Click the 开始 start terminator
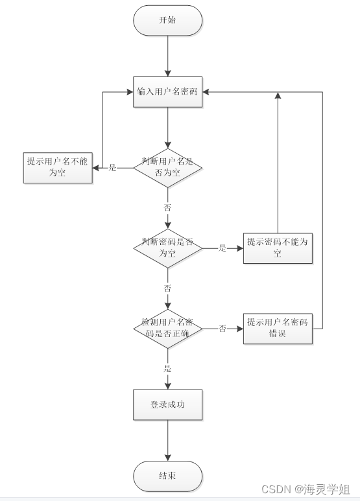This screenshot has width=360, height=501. pyautogui.click(x=167, y=20)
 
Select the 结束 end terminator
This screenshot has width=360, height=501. pyautogui.click(x=167, y=476)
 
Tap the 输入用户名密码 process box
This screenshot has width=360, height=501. pyautogui.click(x=167, y=91)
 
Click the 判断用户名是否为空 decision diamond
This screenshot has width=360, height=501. pyautogui.click(x=167, y=168)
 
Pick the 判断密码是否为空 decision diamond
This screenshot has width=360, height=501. pyautogui.click(x=167, y=248)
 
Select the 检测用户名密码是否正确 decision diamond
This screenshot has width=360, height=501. pyautogui.click(x=167, y=329)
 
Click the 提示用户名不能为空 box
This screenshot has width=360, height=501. pyautogui.click(x=58, y=168)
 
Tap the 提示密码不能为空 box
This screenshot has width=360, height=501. pyautogui.click(x=278, y=248)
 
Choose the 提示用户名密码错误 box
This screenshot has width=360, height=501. pyautogui.click(x=278, y=329)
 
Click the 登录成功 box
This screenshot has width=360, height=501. pyautogui.click(x=167, y=404)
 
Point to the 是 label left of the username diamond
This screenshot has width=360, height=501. pyautogui.click(x=112, y=168)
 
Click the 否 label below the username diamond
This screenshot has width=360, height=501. pyautogui.click(x=167, y=207)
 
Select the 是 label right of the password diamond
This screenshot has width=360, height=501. pyautogui.click(x=222, y=248)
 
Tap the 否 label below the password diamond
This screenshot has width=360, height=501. pyautogui.click(x=167, y=288)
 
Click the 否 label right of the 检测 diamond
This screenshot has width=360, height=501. pyautogui.click(x=222, y=329)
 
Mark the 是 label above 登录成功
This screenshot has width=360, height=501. pyautogui.click(x=167, y=369)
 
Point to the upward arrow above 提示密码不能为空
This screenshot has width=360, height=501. pyautogui.click(x=278, y=162)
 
